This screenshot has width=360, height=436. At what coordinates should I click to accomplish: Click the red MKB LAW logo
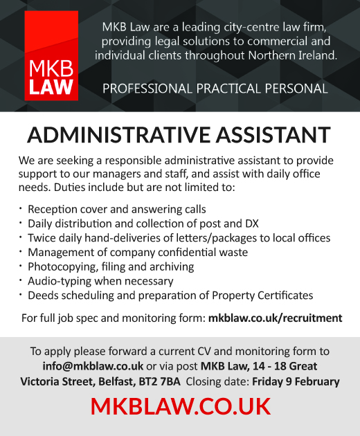click(52, 56)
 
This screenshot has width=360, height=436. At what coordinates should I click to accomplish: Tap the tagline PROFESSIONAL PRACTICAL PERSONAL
click(215, 89)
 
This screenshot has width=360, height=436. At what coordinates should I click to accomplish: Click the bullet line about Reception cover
click(116, 209)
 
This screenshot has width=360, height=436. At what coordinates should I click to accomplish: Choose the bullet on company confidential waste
click(137, 253)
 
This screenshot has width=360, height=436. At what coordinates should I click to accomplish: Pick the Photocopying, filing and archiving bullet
click(111, 266)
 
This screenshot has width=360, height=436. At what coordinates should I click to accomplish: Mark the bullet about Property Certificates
click(170, 296)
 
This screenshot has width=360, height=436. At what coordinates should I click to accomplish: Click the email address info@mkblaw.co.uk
click(83, 365)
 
